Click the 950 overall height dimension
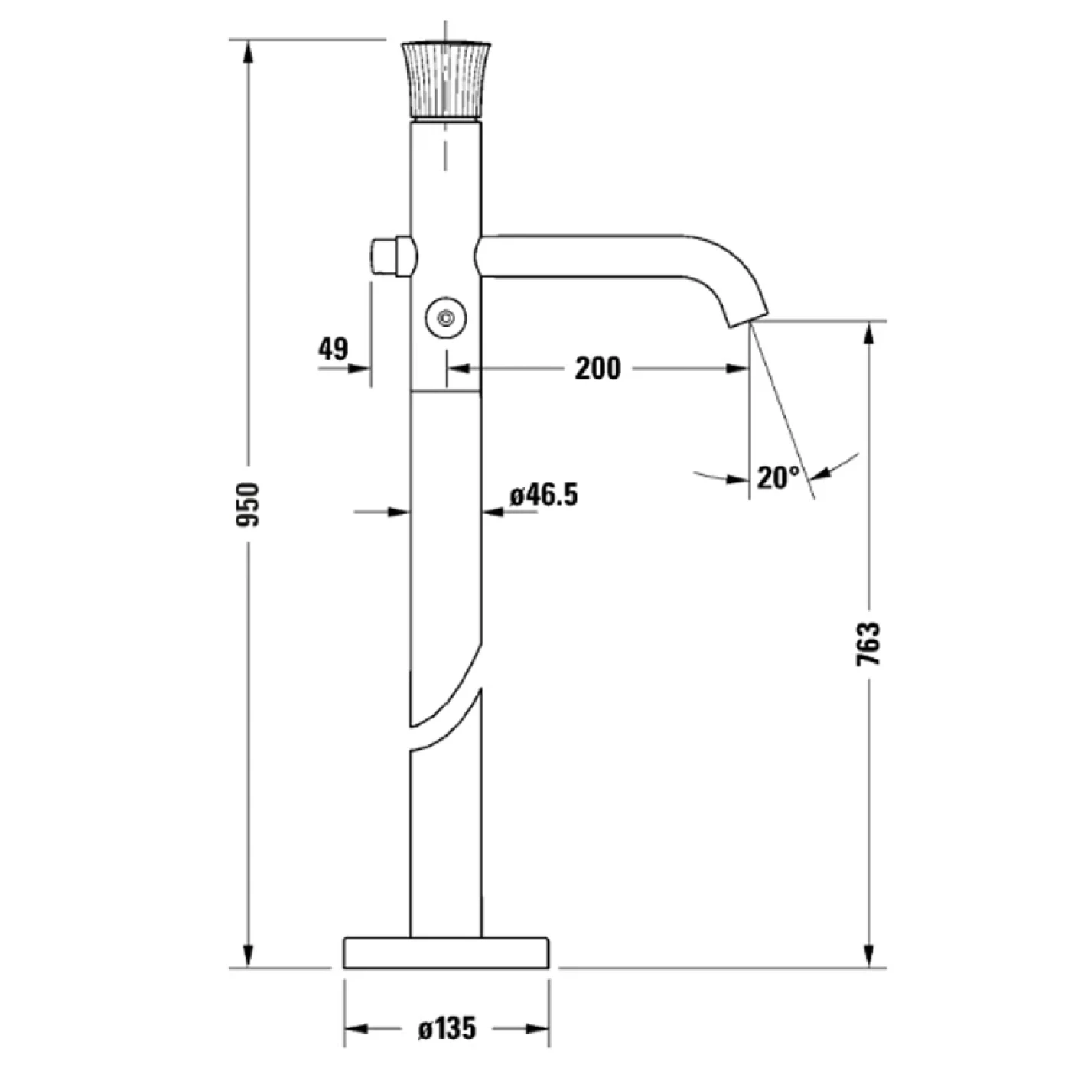pos(247,504)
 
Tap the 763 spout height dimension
pos(869,644)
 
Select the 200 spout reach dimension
pos(597,369)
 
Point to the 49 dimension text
pos(333,349)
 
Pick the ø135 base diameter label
pos(447,1028)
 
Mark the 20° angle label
pos(778,478)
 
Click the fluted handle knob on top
pos(444,80)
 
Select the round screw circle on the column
pos(446,316)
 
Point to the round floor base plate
pos(446,952)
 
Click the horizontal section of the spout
pos(581,256)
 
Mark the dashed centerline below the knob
pos(444,149)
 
